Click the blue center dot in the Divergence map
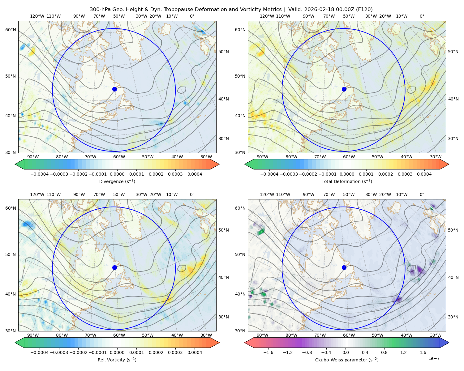(114, 89)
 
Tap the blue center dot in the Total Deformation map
(344, 89)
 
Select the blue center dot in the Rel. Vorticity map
(114, 267)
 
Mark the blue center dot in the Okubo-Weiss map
(344, 267)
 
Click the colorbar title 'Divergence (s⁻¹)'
(117, 181)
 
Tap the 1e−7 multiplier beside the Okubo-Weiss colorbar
(434, 358)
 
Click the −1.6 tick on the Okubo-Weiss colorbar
(268, 352)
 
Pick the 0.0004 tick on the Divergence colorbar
(195, 174)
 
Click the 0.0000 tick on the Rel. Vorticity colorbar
(117, 352)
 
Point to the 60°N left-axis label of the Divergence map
(11, 30)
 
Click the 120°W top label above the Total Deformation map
(267, 16)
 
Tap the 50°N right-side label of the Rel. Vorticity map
(224, 230)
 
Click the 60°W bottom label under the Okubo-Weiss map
(349, 335)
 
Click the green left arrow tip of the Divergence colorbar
(15, 164)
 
